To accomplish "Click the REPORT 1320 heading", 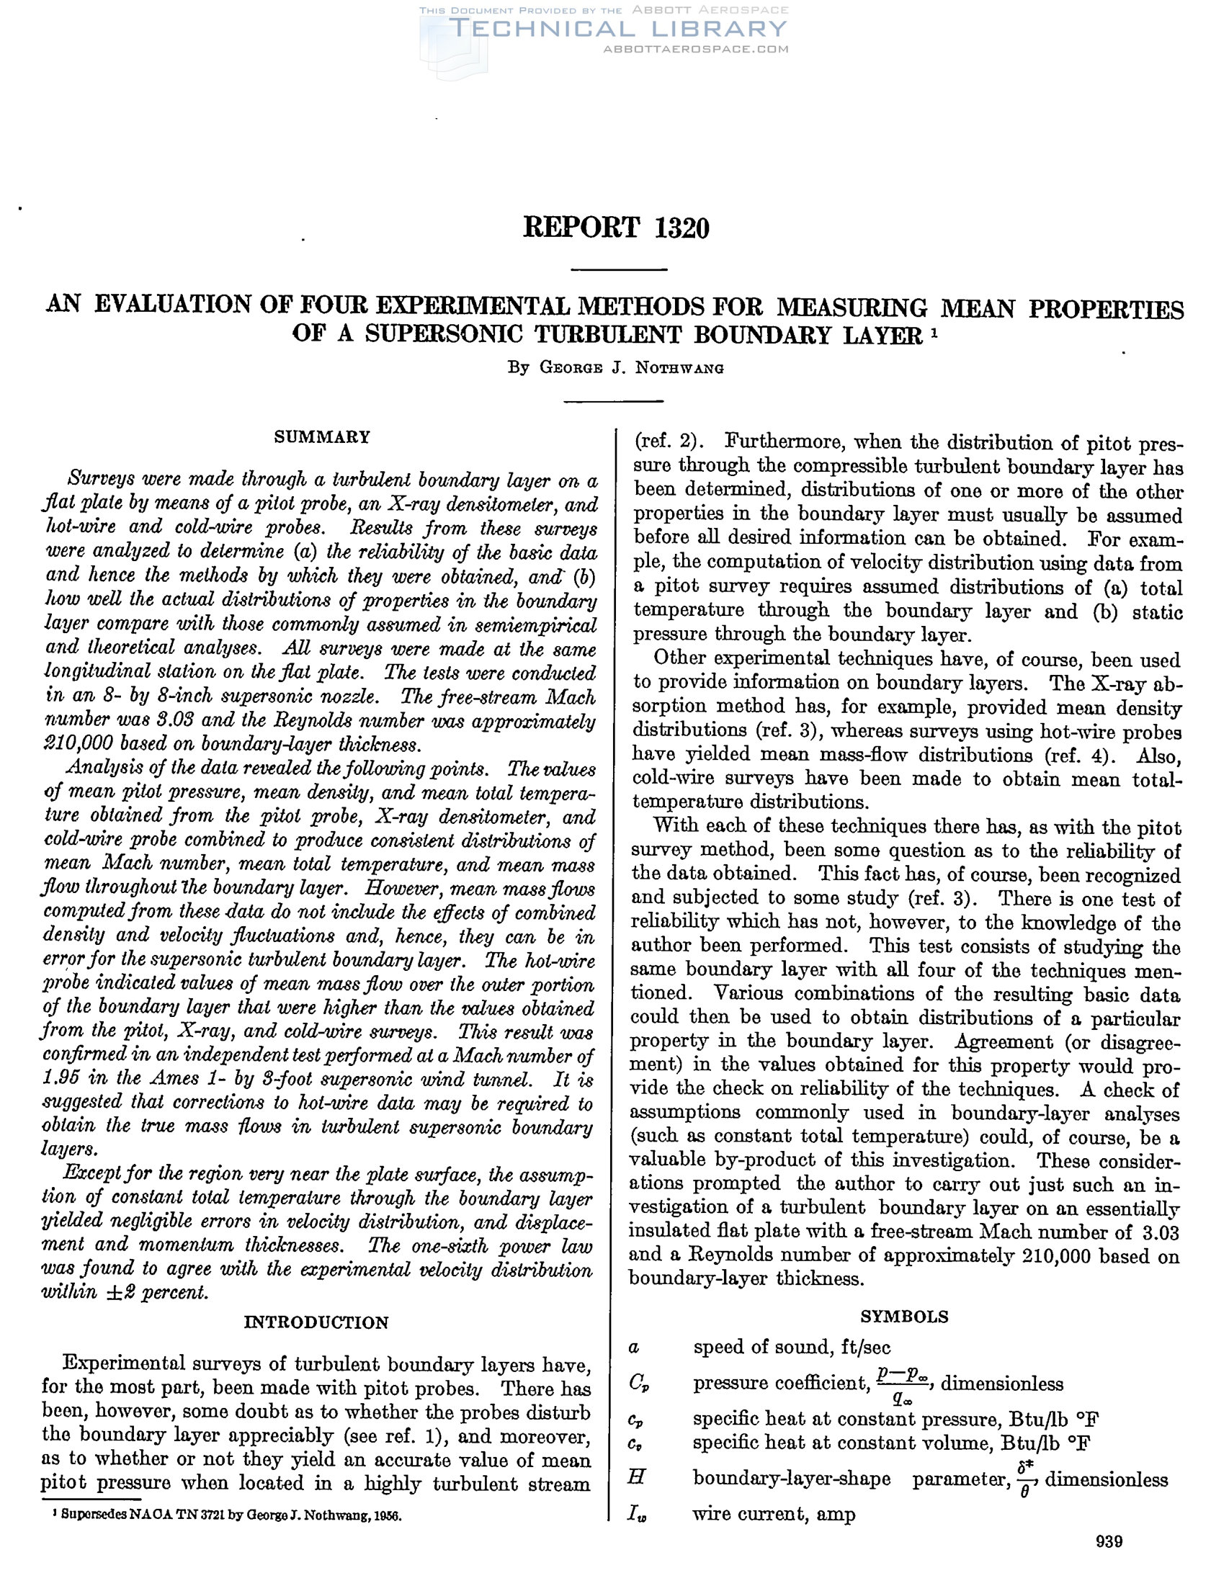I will point(616,228).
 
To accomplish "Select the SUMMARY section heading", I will point(322,436).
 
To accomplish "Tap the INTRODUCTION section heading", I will point(316,1322).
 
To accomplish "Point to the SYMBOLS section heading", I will point(904,1317).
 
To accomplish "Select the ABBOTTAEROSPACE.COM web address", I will point(696,50).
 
